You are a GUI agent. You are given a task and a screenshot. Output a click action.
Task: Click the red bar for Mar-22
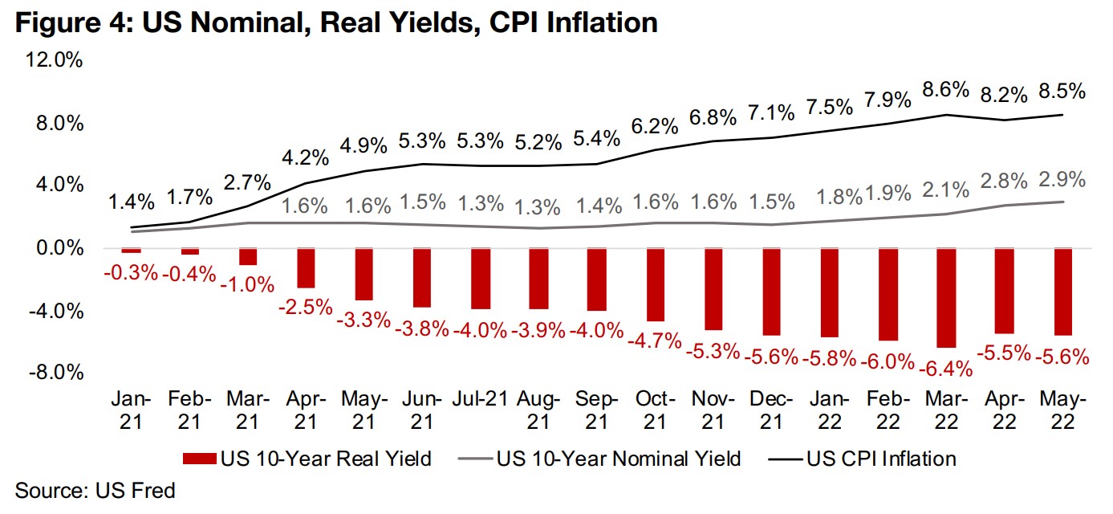coord(947,297)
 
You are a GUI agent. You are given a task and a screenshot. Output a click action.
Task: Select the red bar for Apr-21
coord(306,267)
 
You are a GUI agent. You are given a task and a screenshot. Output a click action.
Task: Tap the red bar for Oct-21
coord(656,284)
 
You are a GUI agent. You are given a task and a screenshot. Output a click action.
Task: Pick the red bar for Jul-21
coord(481,278)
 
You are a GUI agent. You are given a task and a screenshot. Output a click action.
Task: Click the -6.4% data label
coord(947,369)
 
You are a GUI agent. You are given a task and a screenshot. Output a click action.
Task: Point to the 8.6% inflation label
coord(947,91)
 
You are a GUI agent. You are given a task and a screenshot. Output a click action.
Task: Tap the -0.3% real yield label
coord(132,271)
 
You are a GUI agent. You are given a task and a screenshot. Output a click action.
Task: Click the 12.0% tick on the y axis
coord(53,61)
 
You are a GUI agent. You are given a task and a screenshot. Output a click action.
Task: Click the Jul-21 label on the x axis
coord(481,399)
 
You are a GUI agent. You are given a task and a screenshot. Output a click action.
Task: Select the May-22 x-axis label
coord(1063,410)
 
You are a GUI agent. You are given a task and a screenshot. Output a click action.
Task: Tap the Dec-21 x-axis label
coord(772,410)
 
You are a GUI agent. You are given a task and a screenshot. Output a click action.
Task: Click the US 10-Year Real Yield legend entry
coord(308,459)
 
